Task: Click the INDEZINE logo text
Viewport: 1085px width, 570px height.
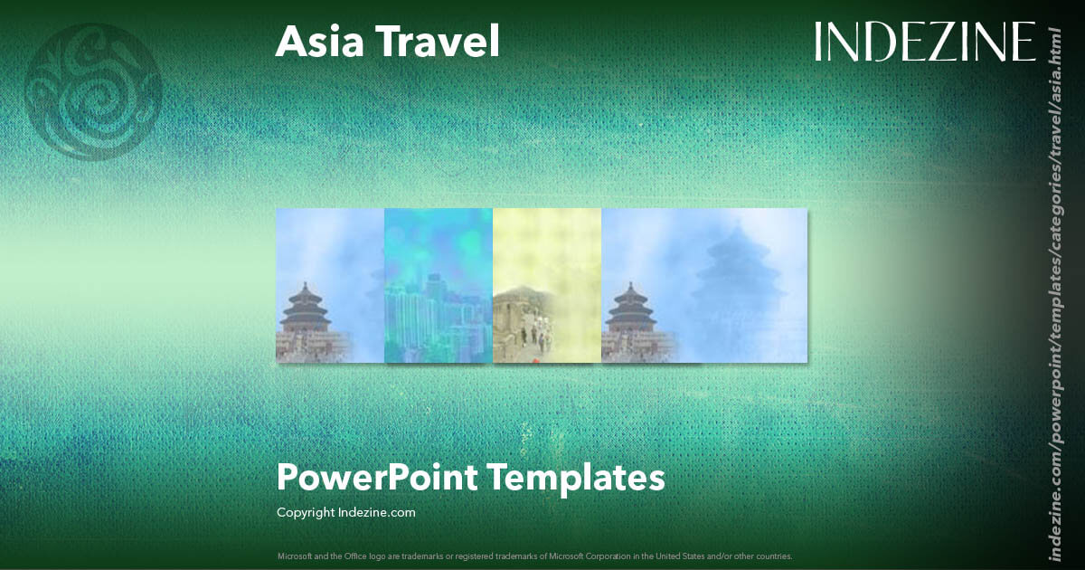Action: (x=925, y=42)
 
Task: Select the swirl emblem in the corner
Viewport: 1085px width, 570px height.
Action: (x=94, y=91)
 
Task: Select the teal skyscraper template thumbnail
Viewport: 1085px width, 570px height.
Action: (x=439, y=285)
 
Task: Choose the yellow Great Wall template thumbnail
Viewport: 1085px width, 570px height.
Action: (x=547, y=285)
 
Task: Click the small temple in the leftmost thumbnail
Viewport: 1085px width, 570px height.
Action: (x=306, y=312)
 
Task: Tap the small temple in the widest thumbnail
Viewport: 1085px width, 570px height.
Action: (x=630, y=312)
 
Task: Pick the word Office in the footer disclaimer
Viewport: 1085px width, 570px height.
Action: (x=359, y=556)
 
